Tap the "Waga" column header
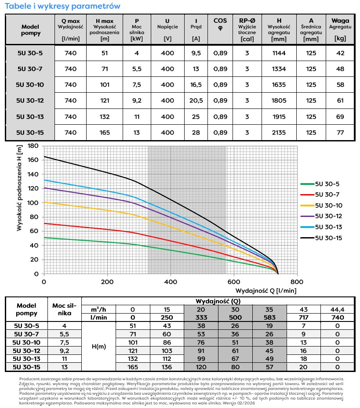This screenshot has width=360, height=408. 340,21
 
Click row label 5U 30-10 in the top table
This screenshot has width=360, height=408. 30,84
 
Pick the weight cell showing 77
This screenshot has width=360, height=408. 340,132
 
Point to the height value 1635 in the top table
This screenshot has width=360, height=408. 279,85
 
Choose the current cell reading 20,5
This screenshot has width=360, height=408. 196,101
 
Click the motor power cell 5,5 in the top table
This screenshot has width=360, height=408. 137,69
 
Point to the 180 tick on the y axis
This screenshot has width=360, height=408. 33,145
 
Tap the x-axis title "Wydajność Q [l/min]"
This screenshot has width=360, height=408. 266,291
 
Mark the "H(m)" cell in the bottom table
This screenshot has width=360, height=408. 98,346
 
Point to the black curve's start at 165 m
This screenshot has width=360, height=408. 44,156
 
